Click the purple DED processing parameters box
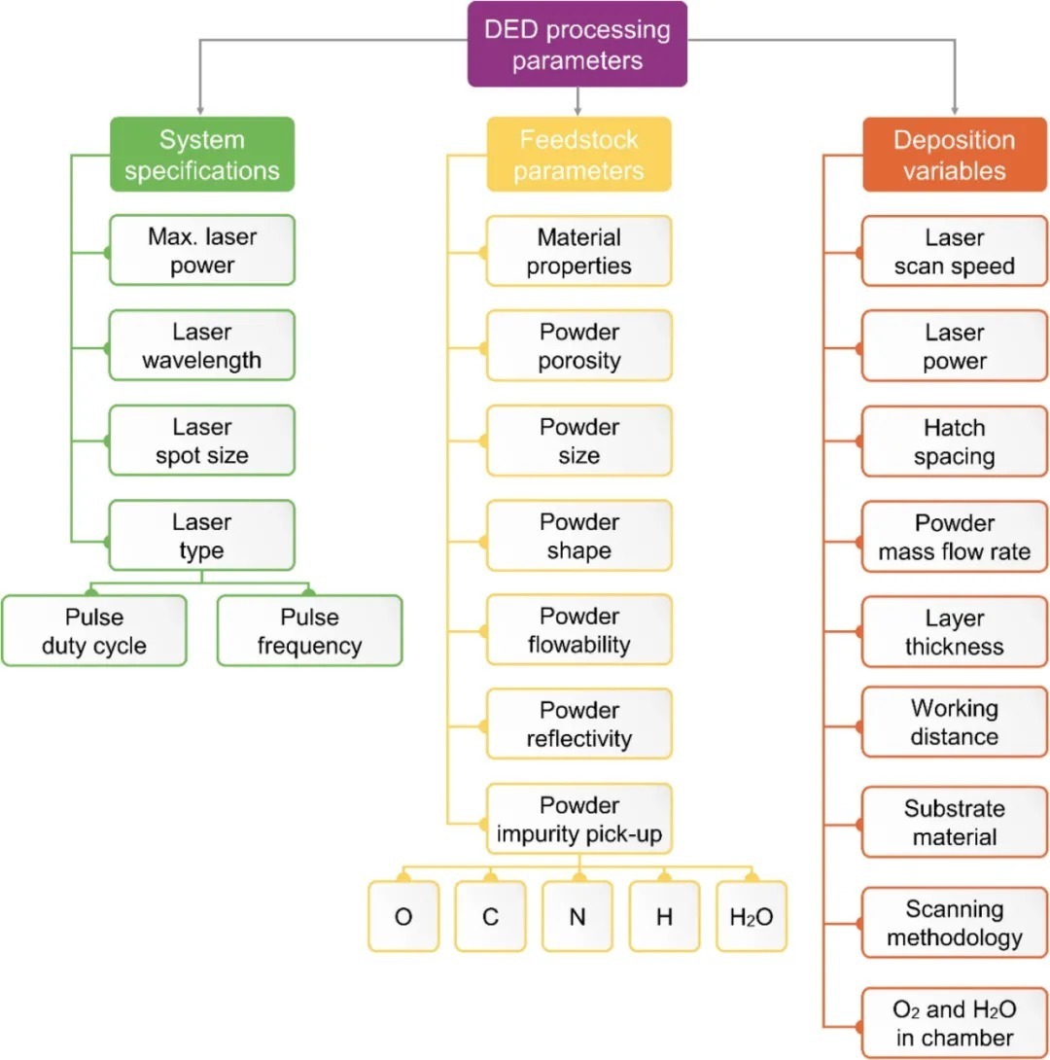coord(577,45)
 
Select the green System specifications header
coord(201,155)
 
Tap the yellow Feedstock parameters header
coord(578,155)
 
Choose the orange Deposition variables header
coord(954,155)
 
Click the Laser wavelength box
coord(201,345)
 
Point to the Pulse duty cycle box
coord(93,631)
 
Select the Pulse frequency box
coord(309,631)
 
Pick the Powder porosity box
coord(578,345)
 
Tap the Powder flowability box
coord(578,630)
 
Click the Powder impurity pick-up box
coord(578,819)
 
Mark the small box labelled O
coord(402,916)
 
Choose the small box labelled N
coord(577,916)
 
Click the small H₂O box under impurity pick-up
coord(752,916)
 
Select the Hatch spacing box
coord(954,442)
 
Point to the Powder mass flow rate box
coord(954,537)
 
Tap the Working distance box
coord(954,722)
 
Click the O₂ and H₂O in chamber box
coord(954,1023)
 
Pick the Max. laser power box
coord(201,251)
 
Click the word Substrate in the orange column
coord(954,808)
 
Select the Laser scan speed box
coord(954,251)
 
